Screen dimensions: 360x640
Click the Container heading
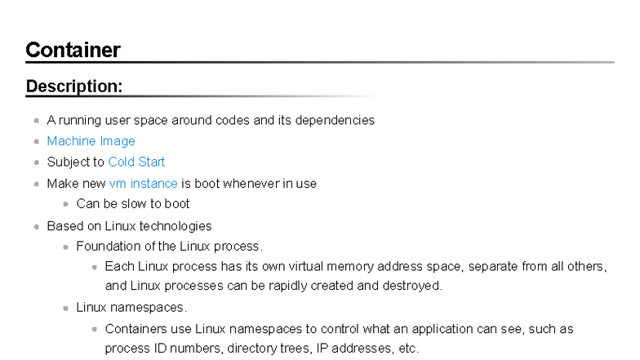coord(73,50)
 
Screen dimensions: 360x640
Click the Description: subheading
coord(74,86)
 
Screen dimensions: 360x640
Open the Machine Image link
coord(91,141)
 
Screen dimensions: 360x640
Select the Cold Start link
coord(136,162)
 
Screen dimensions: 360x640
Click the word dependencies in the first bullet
coord(336,120)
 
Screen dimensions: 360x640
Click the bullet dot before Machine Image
coord(36,142)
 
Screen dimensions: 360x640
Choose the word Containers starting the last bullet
coord(131,329)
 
